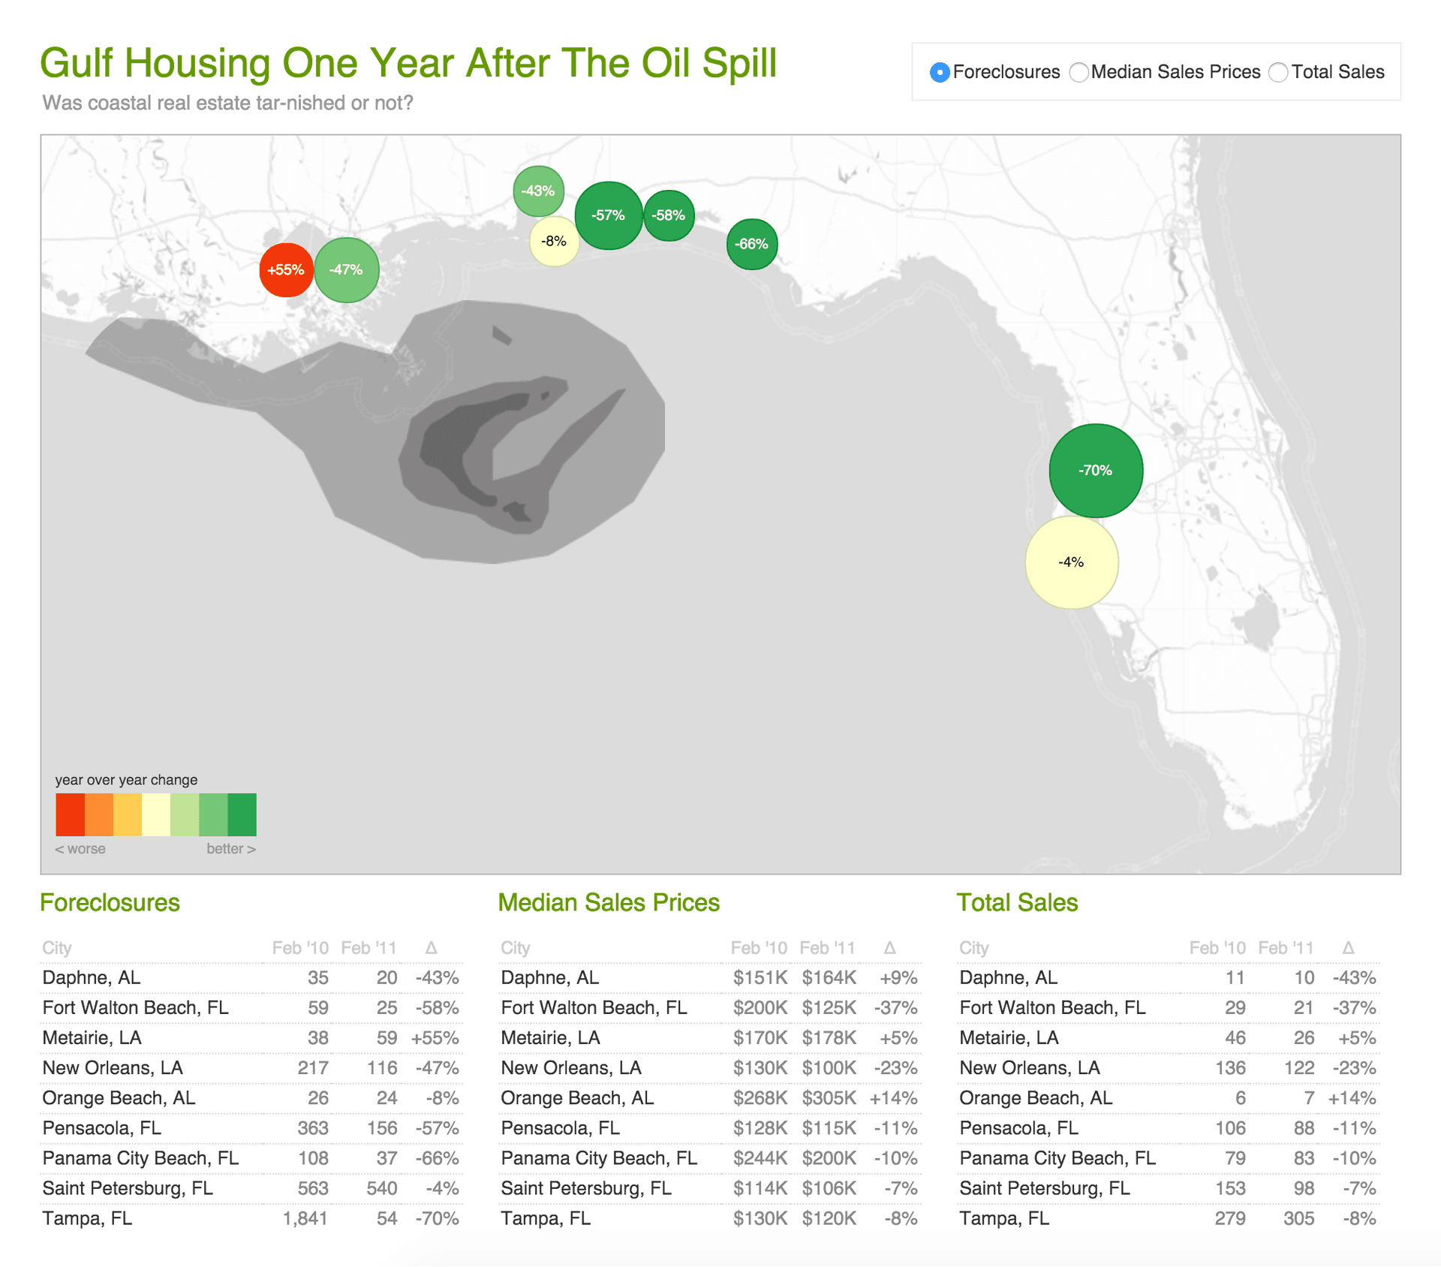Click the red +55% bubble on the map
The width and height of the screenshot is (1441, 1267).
[285, 270]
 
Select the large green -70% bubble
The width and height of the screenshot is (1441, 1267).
[1096, 471]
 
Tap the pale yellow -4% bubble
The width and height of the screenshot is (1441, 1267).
[1071, 562]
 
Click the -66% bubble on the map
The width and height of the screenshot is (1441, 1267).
[751, 244]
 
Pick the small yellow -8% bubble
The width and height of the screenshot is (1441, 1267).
[554, 242]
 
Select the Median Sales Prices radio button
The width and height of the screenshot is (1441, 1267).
[1078, 73]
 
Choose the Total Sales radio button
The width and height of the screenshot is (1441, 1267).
[1278, 73]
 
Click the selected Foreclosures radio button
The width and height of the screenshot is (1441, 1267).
[939, 73]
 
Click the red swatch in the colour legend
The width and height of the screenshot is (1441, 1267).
[70, 814]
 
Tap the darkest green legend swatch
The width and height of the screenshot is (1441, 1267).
[242, 814]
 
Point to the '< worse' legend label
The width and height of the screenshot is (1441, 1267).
[80, 849]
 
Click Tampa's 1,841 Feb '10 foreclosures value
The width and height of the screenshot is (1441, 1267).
[305, 1218]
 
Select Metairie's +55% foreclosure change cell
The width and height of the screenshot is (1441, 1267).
[435, 1038]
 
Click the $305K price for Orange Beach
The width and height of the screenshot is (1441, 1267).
[829, 1098]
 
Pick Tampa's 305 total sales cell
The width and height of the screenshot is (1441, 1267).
[1298, 1218]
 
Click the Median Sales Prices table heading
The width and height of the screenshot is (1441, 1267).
[609, 902]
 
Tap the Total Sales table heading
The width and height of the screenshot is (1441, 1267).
[1017, 902]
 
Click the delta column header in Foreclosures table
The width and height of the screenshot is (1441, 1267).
[431, 948]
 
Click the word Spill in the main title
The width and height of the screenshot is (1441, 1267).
[739, 63]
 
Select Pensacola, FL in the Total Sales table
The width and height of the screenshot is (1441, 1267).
[1018, 1128]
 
